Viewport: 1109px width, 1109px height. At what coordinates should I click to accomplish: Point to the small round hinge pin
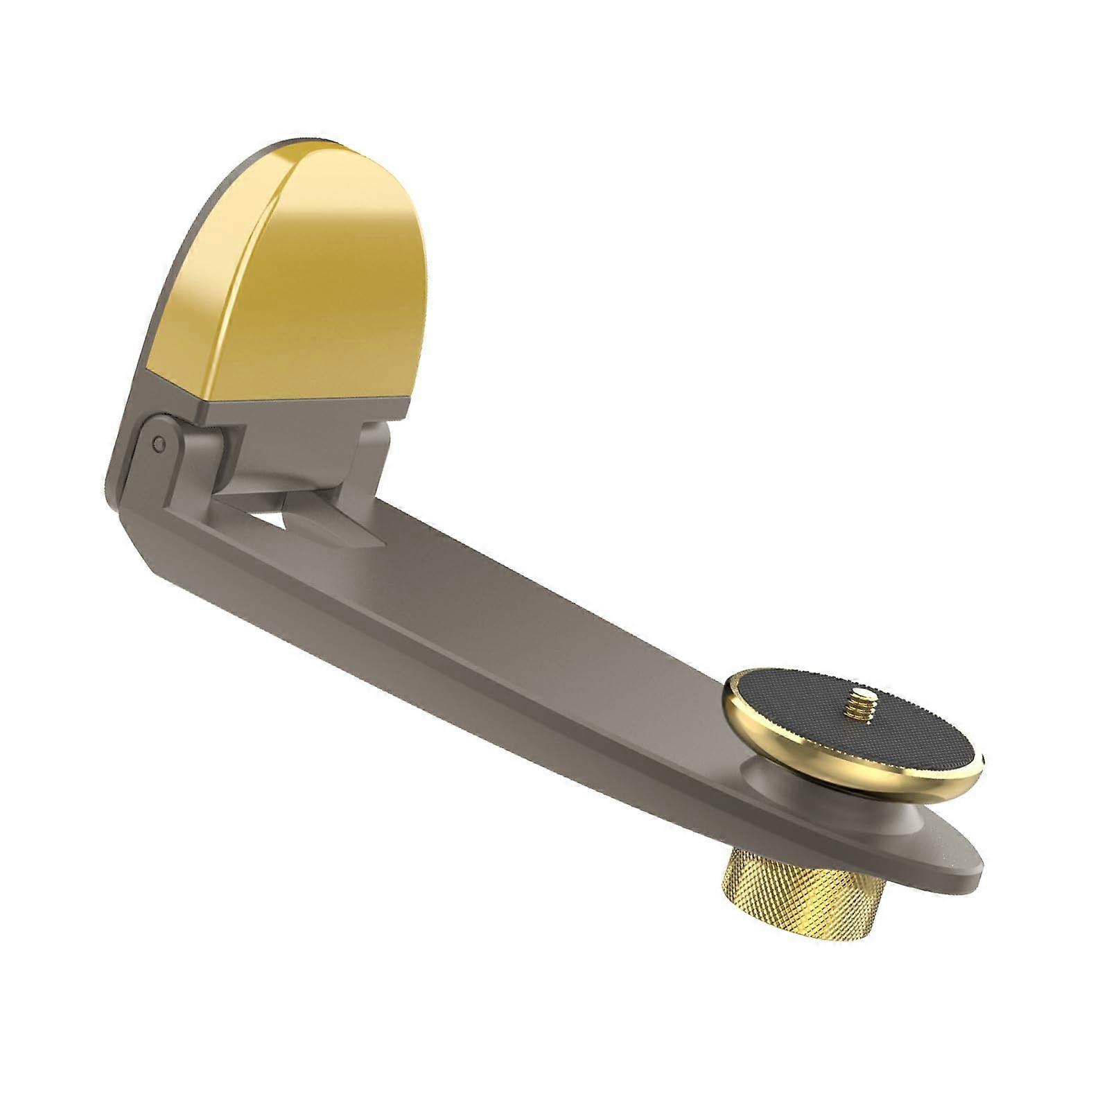click(x=159, y=441)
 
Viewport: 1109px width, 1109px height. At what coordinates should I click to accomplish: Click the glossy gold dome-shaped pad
click(x=305, y=277)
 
